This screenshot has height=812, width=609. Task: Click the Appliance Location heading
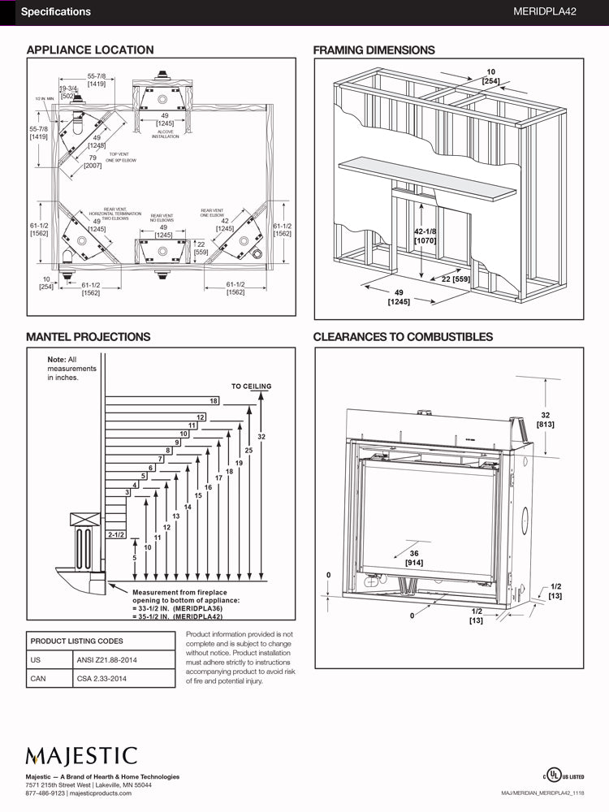tap(90, 50)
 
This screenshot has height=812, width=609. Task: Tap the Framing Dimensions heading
tap(374, 50)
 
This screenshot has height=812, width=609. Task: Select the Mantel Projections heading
tap(88, 336)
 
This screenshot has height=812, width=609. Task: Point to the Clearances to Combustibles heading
tap(403, 336)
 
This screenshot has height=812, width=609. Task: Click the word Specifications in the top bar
tap(55, 12)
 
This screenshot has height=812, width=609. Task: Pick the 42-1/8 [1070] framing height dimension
tap(426, 235)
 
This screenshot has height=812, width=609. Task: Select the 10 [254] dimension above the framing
tap(490, 76)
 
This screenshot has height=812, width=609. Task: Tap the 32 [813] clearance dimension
tap(546, 419)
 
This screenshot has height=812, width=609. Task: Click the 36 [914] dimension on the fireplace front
tap(414, 557)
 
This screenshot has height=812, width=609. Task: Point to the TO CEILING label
tap(251, 387)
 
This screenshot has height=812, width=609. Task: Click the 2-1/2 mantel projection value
tap(115, 534)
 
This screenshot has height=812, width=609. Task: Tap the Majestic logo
tap(81, 756)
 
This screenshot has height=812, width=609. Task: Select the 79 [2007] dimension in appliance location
tap(93, 161)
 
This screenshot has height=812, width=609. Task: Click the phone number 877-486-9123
tap(45, 793)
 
